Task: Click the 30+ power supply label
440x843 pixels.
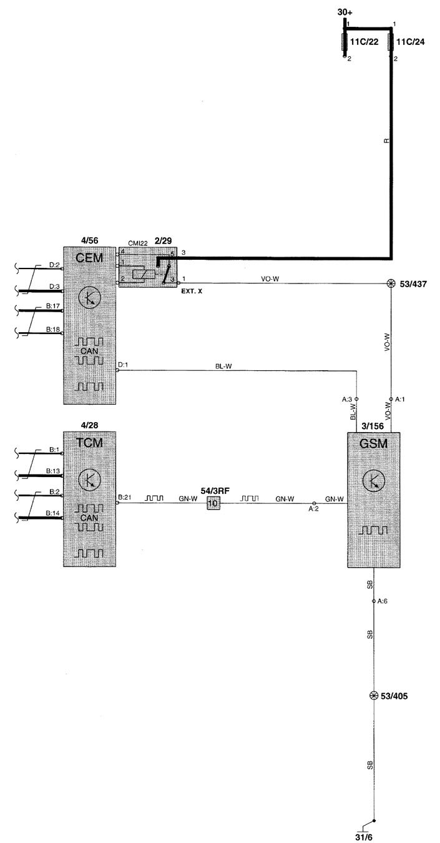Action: pyautogui.click(x=345, y=12)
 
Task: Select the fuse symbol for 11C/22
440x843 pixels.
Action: pyautogui.click(x=344, y=42)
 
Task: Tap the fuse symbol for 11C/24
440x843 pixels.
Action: pyautogui.click(x=391, y=42)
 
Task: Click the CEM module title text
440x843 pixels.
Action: pyautogui.click(x=89, y=258)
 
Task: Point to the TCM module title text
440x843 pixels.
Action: pyautogui.click(x=89, y=443)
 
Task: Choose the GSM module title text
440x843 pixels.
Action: pyautogui.click(x=373, y=444)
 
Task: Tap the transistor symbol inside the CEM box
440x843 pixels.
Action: pyautogui.click(x=89, y=298)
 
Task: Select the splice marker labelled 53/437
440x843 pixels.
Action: pyautogui.click(x=391, y=283)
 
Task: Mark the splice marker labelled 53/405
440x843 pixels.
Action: pyautogui.click(x=374, y=696)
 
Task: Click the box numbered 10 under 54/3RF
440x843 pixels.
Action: pyautogui.click(x=213, y=503)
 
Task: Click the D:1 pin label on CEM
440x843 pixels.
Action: pyautogui.click(x=123, y=365)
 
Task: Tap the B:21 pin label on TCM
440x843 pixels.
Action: pyautogui.click(x=124, y=497)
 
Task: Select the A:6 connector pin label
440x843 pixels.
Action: pyautogui.click(x=383, y=601)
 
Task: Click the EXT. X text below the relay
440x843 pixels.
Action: pyautogui.click(x=192, y=291)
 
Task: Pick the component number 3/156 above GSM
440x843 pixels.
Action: pyautogui.click(x=373, y=426)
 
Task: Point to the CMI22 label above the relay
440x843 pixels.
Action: pyautogui.click(x=138, y=244)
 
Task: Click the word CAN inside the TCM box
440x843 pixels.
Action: pyautogui.click(x=89, y=518)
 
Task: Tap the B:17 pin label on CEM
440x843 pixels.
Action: pyautogui.click(x=53, y=307)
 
